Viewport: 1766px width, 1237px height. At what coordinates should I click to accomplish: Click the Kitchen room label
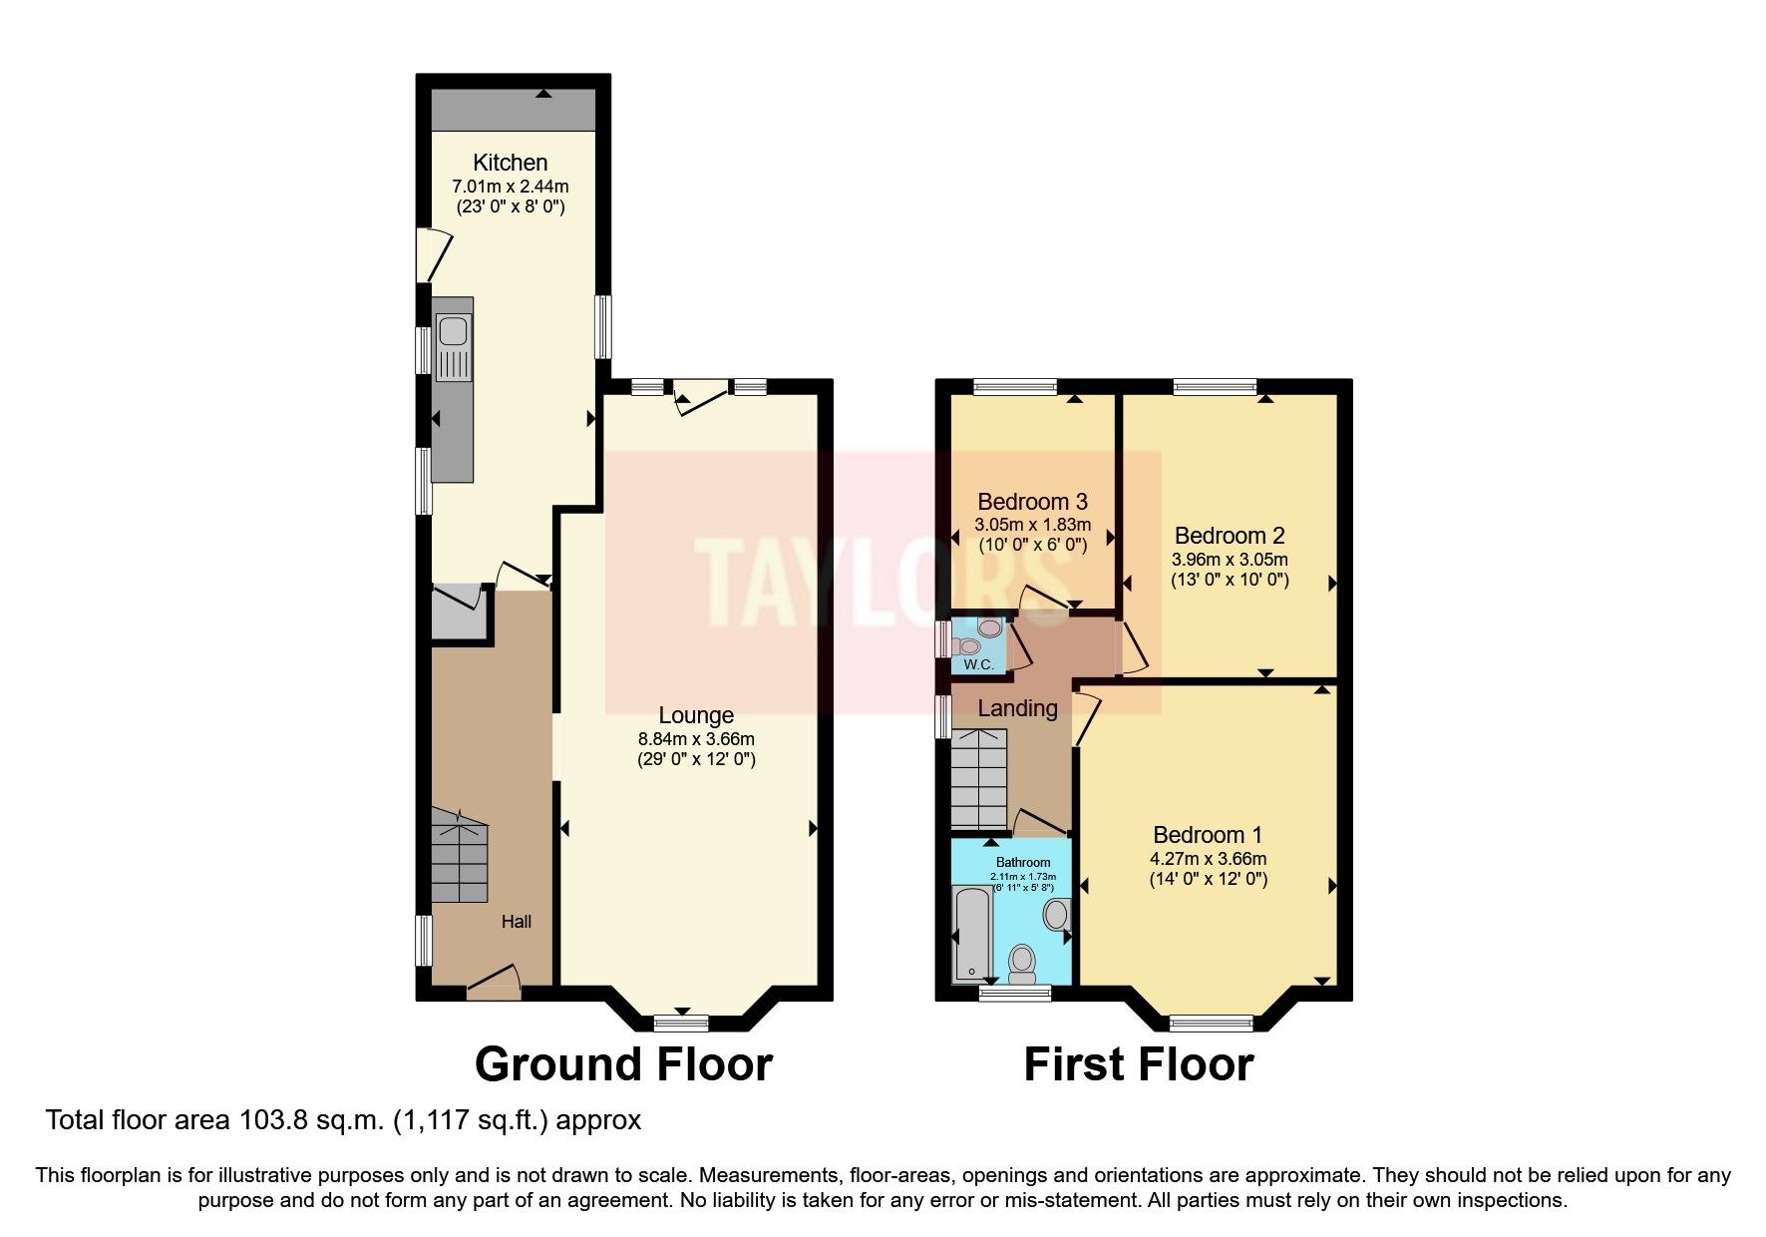click(x=510, y=163)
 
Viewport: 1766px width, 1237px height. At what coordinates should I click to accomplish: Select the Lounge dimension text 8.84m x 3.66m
click(x=696, y=739)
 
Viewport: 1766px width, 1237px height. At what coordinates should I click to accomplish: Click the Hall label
click(x=516, y=922)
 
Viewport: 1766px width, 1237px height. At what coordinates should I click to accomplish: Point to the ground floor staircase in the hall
click(x=460, y=858)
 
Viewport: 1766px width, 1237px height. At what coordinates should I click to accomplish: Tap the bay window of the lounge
click(x=681, y=1022)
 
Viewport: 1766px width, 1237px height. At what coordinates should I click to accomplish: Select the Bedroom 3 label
click(x=1032, y=502)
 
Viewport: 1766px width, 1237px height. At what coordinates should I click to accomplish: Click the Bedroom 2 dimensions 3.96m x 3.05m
click(x=1230, y=560)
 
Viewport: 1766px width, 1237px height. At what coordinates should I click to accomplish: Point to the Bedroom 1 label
click(x=1208, y=835)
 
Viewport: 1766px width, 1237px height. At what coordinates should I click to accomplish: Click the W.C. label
click(x=978, y=664)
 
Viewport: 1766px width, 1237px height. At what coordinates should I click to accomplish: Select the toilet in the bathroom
click(x=1022, y=963)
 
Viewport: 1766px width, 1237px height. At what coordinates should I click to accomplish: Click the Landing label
click(x=1017, y=708)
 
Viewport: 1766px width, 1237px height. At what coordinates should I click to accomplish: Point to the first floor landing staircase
click(x=979, y=778)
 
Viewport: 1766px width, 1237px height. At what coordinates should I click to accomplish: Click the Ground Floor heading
click(x=623, y=1064)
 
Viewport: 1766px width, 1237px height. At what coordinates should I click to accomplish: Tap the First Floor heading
click(x=1138, y=1064)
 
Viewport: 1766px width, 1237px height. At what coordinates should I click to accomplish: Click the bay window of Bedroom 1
click(x=1211, y=1022)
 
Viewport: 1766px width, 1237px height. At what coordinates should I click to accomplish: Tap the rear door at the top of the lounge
click(x=701, y=393)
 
